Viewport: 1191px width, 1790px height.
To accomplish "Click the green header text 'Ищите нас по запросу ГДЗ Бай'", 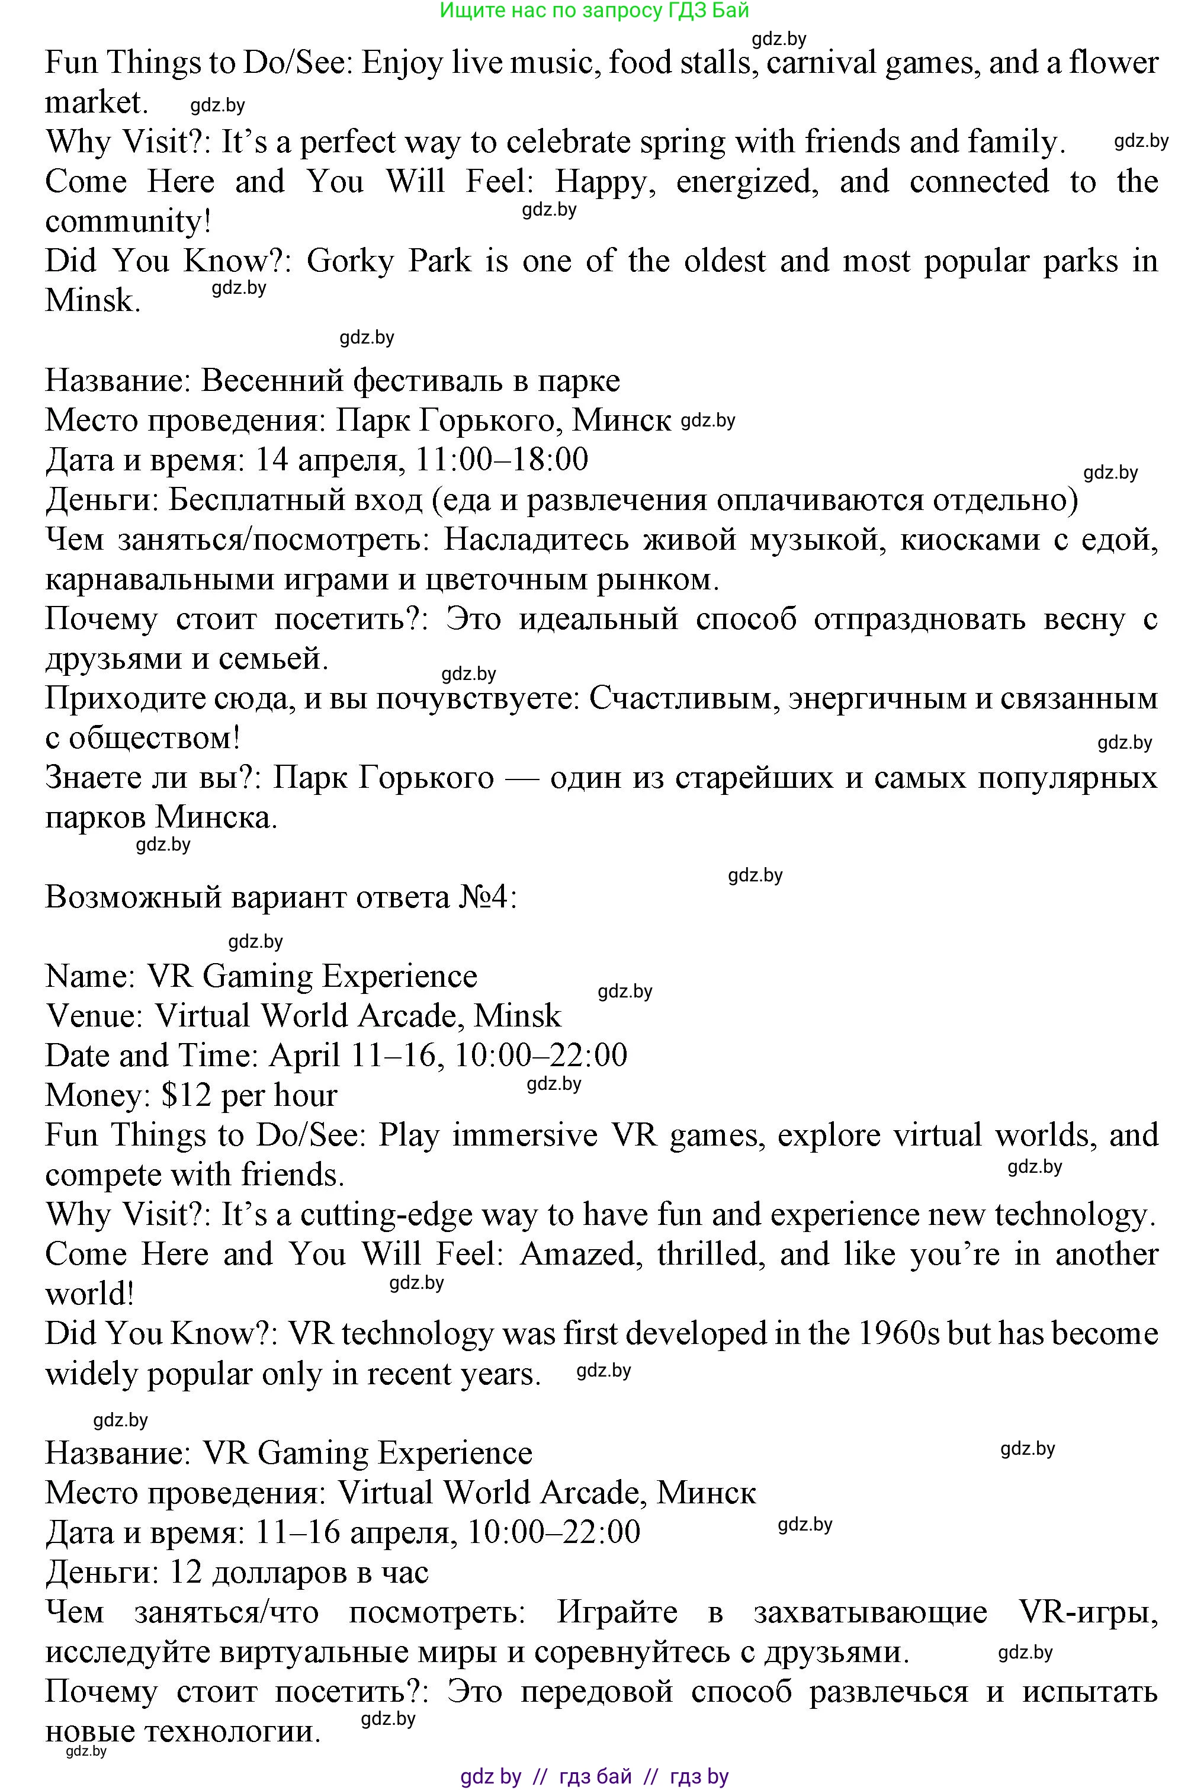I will [594, 10].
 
